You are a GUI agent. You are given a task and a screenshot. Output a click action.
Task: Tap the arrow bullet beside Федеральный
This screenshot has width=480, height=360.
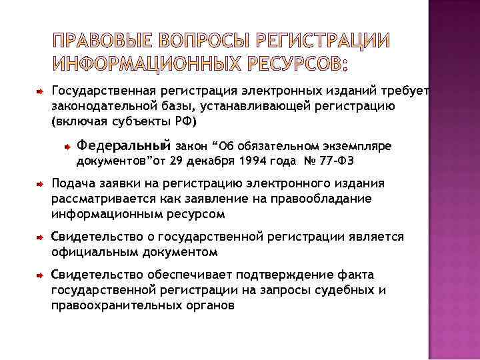(x=67, y=145)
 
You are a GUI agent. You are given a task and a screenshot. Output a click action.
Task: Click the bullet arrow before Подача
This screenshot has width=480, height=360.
(x=40, y=183)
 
